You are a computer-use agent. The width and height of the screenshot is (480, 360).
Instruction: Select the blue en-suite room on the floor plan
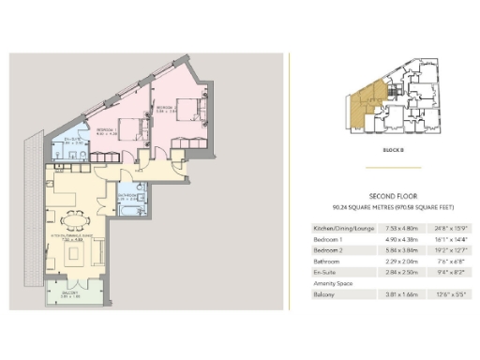tap(69, 145)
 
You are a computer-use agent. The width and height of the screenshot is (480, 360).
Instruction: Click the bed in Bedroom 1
tap(134, 128)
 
